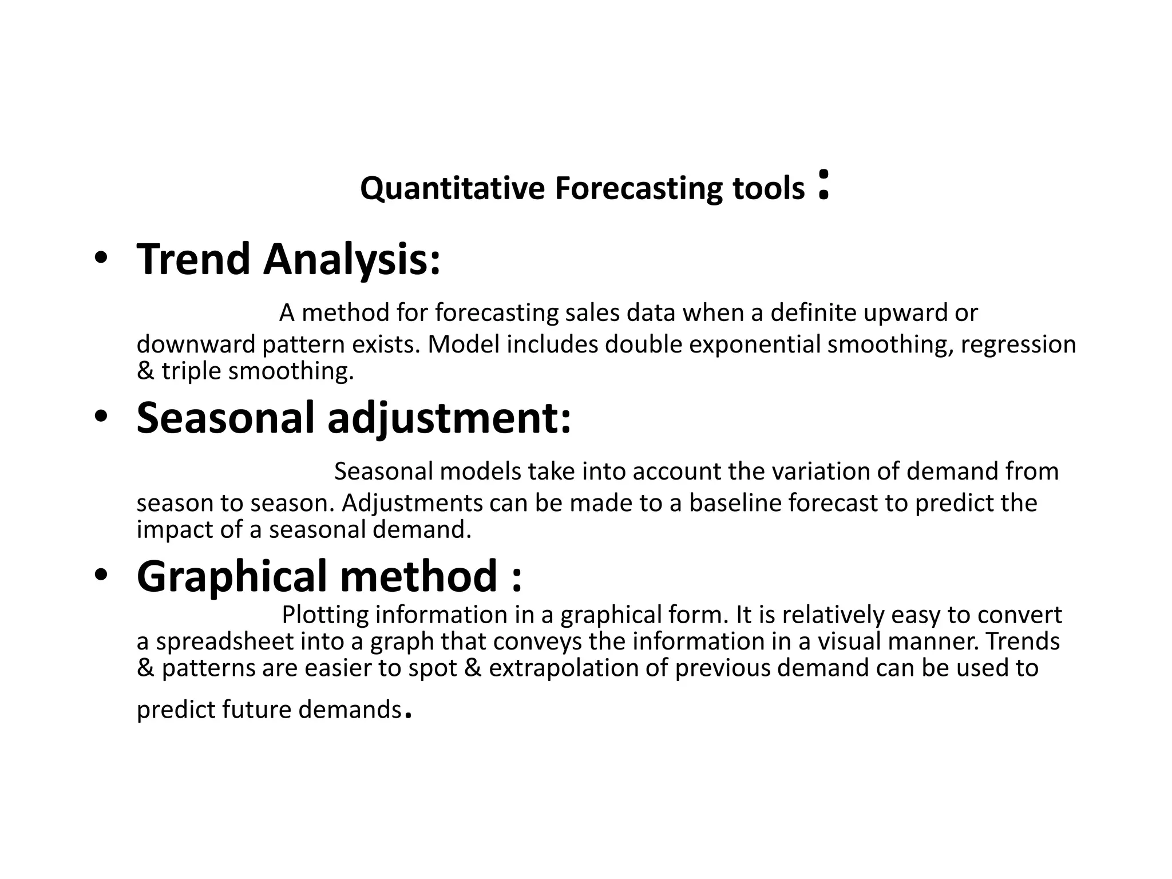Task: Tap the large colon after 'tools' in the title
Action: [x=823, y=184]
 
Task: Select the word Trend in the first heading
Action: [x=193, y=259]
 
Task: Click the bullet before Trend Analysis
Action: [x=101, y=259]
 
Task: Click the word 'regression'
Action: [x=1018, y=345]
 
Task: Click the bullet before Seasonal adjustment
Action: [x=101, y=417]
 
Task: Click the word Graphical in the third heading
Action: [x=232, y=576]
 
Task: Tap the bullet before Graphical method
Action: [x=101, y=576]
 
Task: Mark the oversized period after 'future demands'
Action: [x=407, y=714]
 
